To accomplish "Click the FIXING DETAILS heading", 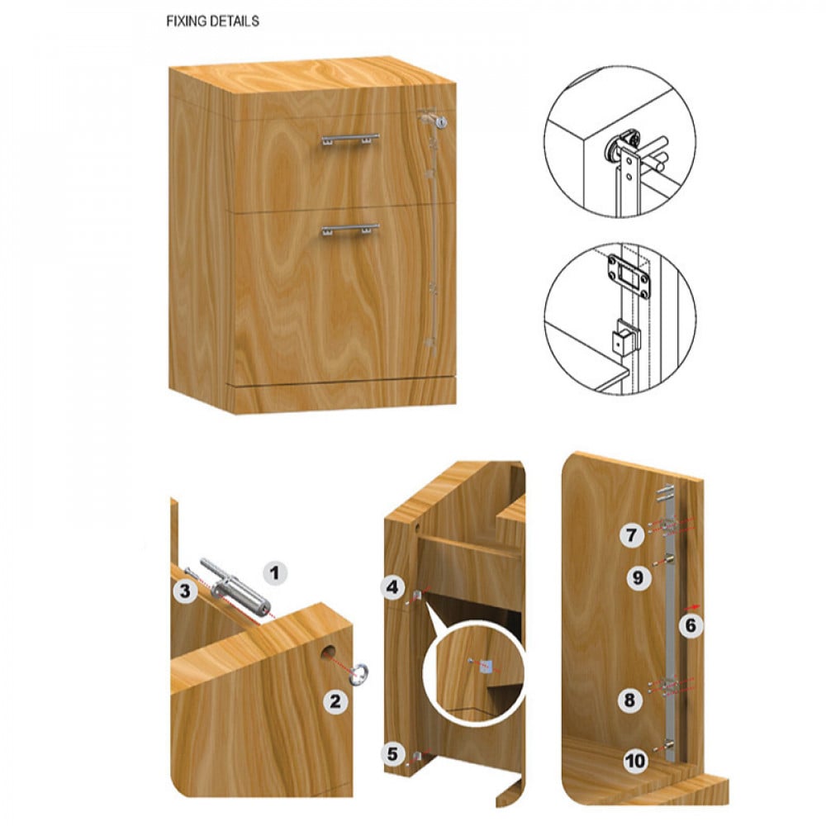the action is pyautogui.click(x=212, y=21).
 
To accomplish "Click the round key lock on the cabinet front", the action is pyautogui.click(x=441, y=123).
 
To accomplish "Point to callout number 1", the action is pyautogui.click(x=274, y=572).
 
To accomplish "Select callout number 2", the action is pyautogui.click(x=335, y=701).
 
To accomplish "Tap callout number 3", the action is pyautogui.click(x=185, y=591).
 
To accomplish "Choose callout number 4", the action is pyautogui.click(x=392, y=586).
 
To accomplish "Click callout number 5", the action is pyautogui.click(x=392, y=754).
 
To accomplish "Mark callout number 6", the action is pyautogui.click(x=691, y=625).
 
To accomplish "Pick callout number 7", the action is pyautogui.click(x=631, y=535).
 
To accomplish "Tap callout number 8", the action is pyautogui.click(x=629, y=700).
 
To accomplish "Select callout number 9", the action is pyautogui.click(x=638, y=578).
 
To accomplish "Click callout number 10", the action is pyautogui.click(x=635, y=761).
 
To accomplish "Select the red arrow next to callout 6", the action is pyautogui.click(x=694, y=606).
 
